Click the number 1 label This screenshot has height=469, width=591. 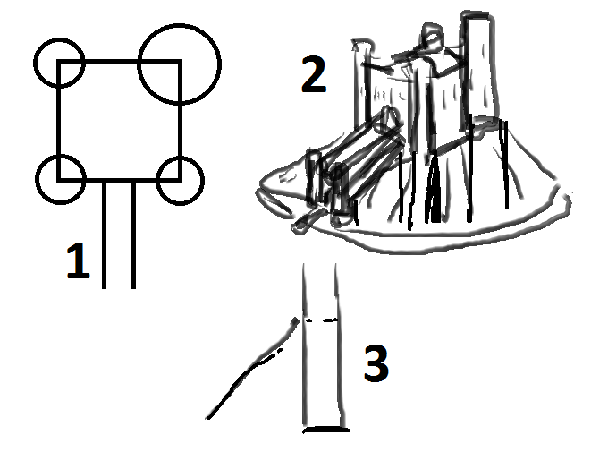[x=79, y=261]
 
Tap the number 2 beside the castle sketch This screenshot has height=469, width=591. [x=314, y=74]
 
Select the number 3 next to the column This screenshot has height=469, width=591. [x=376, y=362]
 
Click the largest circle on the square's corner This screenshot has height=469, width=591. [x=179, y=24]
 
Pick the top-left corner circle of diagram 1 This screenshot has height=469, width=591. [x=59, y=38]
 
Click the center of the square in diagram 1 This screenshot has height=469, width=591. [x=120, y=120]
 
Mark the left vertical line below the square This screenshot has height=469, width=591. [x=104, y=234]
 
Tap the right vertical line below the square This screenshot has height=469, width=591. [x=133, y=234]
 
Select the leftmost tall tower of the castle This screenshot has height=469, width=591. [x=362, y=83]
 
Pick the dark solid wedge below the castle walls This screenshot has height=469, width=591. [x=435, y=189]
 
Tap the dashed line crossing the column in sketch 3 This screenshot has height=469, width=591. [x=321, y=320]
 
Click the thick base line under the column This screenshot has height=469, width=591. [x=326, y=430]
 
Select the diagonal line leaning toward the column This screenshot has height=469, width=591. [x=253, y=368]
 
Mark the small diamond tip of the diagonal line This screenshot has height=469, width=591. [x=296, y=321]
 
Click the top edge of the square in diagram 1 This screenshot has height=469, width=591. [x=120, y=61]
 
